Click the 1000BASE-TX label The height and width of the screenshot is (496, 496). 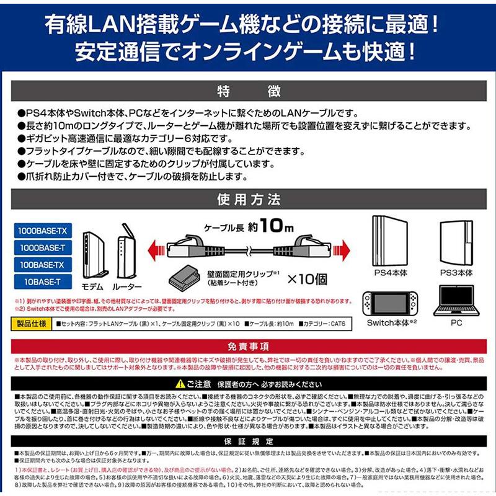[x=42, y=231]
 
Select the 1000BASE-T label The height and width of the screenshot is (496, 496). [x=42, y=248]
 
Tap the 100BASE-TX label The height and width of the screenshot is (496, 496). [x=42, y=265]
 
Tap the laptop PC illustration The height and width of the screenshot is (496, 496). [x=456, y=301]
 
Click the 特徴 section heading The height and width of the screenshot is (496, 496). [x=248, y=92]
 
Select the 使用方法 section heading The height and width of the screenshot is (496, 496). [x=248, y=200]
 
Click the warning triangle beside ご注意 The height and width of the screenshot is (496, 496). [x=180, y=384]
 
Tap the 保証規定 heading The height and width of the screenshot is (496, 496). [x=248, y=441]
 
